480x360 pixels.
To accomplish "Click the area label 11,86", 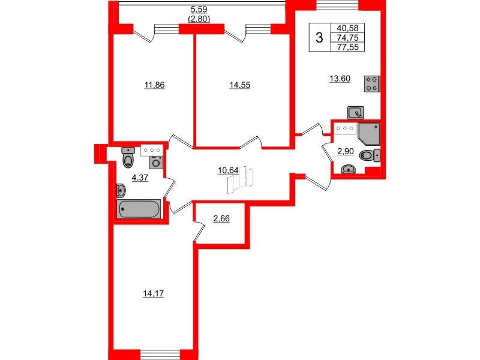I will point(154,85).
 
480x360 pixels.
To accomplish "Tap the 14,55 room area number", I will point(239,85).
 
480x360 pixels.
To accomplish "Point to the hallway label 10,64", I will point(228,170).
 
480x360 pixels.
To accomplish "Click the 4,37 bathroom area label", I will point(139,177).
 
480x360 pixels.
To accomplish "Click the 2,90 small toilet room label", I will point(344,151).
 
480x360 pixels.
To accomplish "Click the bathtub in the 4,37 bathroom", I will point(139,209).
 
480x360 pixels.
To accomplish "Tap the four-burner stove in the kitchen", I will point(372,84).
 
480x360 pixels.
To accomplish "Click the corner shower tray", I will point(368,134).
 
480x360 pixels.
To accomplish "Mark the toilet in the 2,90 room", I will point(368,155).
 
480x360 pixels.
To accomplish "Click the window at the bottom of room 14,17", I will point(159,353).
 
